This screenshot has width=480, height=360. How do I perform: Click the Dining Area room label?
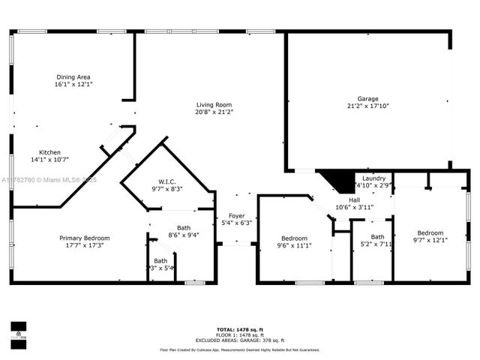73,76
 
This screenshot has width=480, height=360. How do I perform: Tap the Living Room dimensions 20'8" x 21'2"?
214,112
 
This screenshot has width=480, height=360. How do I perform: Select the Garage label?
367,99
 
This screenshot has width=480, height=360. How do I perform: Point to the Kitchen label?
49,152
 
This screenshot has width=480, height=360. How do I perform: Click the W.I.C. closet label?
166,181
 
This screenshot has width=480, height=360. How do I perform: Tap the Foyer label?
236,215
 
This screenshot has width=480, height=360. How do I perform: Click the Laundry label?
374,178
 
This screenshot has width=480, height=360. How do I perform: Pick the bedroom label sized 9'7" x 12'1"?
430,232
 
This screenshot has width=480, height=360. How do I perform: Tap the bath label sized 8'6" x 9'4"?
183,227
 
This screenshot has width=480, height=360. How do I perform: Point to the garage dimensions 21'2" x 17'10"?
367,106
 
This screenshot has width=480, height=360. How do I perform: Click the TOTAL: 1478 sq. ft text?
239,330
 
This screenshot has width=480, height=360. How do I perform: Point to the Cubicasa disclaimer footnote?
239,349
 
